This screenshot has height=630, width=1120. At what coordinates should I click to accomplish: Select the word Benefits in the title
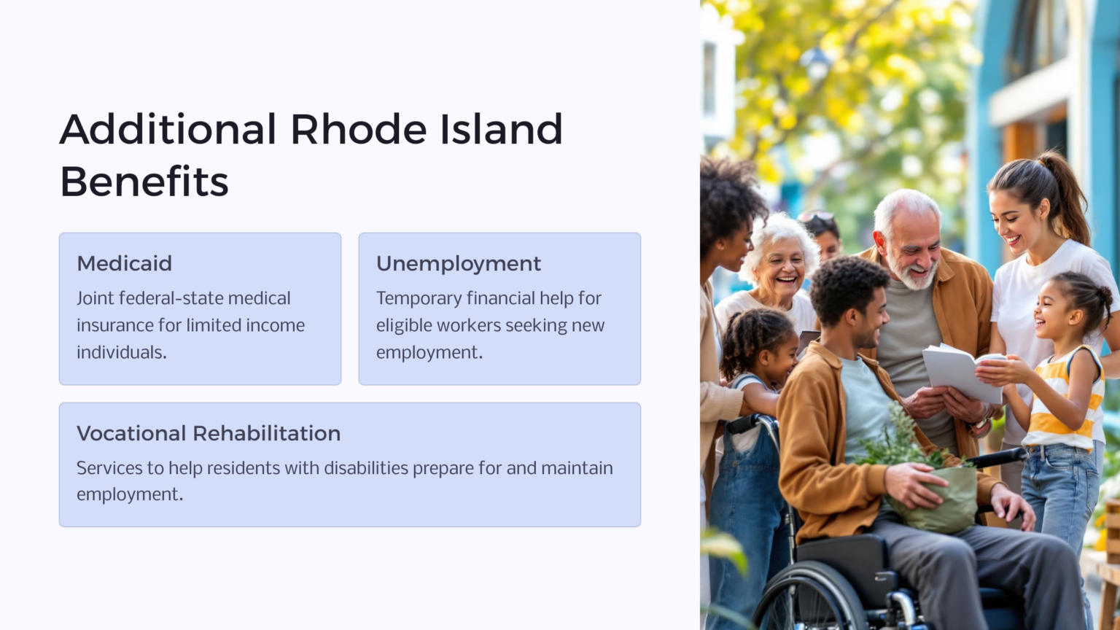144,182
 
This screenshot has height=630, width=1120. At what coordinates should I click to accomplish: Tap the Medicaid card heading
125,263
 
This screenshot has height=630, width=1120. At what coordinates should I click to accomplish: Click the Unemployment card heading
459,263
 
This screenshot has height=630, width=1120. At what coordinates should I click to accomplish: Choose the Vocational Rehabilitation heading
209,433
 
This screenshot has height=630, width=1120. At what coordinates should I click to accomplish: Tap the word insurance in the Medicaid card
115,325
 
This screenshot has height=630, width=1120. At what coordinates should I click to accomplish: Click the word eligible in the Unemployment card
403,325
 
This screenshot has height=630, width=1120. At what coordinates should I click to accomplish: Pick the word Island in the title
501,130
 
